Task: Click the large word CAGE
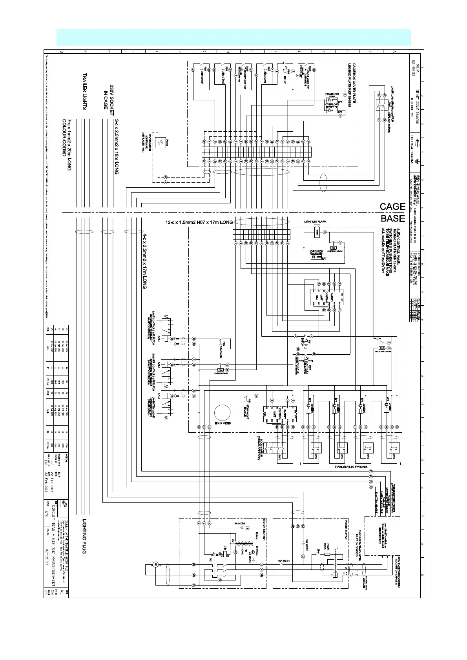[x=392, y=207]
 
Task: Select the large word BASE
[x=392, y=218]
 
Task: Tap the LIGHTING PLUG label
[x=84, y=537]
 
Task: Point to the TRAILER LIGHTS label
[x=84, y=91]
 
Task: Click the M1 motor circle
[x=155, y=564]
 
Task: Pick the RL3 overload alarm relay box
[x=334, y=248]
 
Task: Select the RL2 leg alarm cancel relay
[x=381, y=348]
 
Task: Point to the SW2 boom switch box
[x=272, y=447]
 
